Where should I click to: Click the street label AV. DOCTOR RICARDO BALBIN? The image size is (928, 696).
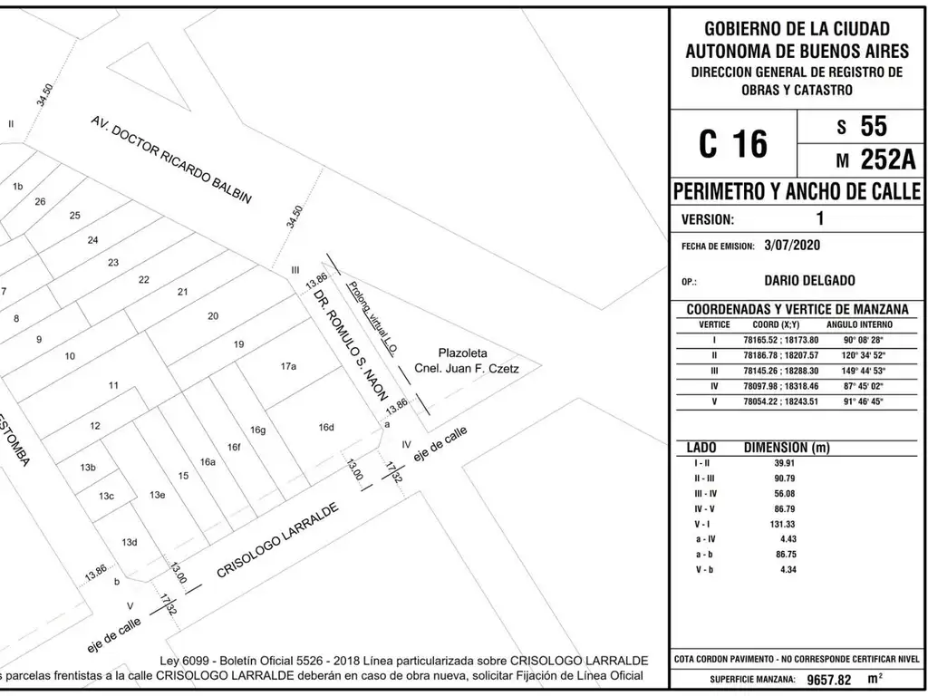click(x=169, y=159)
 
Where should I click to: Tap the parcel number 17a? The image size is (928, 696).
click(x=288, y=366)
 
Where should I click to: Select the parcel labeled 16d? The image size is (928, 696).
click(x=326, y=427)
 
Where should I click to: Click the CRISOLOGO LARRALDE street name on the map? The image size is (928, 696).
click(x=277, y=541)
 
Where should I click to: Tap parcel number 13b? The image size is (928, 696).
click(x=88, y=468)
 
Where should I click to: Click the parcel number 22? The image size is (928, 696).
click(x=144, y=279)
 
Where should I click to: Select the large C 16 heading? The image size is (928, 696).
click(x=732, y=144)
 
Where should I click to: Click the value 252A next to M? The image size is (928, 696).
click(x=887, y=159)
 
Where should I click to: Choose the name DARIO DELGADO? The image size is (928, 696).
click(x=809, y=281)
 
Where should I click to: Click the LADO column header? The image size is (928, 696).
click(x=701, y=448)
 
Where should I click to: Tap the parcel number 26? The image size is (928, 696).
click(x=40, y=201)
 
